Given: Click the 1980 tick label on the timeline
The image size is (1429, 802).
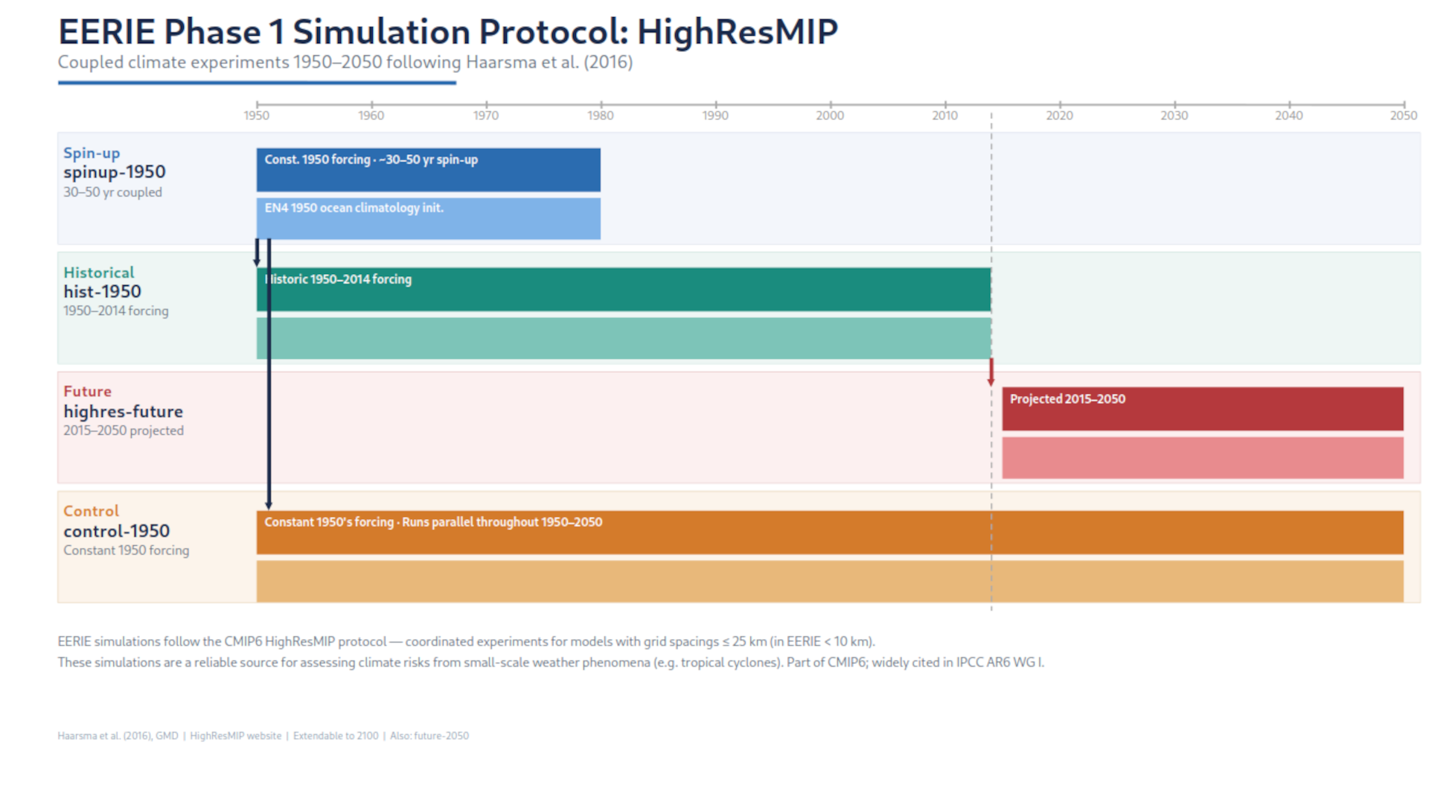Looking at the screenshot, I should [600, 115].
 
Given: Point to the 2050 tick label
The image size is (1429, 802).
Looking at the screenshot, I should [1403, 115].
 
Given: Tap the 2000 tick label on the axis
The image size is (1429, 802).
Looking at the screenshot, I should [829, 115].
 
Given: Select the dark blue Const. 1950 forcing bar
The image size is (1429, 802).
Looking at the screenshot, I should [428, 170].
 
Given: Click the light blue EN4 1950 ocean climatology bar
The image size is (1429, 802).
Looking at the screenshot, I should [428, 218].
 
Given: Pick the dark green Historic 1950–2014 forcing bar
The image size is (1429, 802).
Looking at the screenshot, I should [623, 289].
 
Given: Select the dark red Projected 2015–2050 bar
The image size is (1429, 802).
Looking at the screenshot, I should [1202, 409].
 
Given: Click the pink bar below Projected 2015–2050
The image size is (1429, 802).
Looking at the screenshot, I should [1202, 457].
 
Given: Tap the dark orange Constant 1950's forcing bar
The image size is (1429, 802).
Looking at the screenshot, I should [829, 532].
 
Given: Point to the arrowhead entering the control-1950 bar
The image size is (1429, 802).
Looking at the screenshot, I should [269, 505].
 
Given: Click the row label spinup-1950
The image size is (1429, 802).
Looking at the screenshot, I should [114, 172].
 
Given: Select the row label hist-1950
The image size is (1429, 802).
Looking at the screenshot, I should [102, 292].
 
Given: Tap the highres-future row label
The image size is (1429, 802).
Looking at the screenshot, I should [123, 412].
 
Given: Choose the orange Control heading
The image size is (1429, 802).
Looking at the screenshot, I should [91, 511].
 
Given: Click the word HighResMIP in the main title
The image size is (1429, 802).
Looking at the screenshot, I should [737, 32].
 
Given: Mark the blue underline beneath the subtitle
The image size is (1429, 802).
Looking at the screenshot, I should [257, 83].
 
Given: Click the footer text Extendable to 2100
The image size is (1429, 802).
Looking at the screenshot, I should [336, 736].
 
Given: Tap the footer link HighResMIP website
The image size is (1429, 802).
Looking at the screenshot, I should [235, 736].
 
